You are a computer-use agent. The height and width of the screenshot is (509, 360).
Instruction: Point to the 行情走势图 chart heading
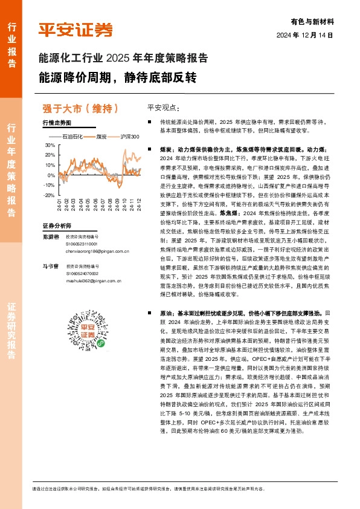(x=57, y=123)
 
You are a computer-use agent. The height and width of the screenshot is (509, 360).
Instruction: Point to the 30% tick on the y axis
(x=50, y=146)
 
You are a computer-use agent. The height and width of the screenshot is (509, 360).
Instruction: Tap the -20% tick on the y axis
(x=48, y=195)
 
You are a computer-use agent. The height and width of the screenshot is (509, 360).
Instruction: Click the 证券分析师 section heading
(x=57, y=225)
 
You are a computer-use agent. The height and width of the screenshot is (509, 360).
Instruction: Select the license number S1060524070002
(x=84, y=273)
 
